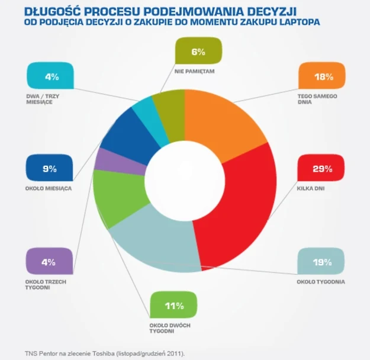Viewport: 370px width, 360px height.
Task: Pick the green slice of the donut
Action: (118, 201)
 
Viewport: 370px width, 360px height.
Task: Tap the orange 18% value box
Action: (320, 76)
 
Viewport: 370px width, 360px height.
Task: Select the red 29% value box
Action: (320, 169)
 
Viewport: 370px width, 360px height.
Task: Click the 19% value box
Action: (320, 262)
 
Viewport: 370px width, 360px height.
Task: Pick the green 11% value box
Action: (173, 306)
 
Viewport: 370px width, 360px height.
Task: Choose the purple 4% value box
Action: (50, 262)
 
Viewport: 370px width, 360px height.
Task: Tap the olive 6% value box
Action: (198, 52)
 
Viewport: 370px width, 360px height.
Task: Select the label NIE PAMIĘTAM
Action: (194, 71)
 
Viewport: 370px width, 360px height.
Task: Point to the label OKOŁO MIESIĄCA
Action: (49, 188)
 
